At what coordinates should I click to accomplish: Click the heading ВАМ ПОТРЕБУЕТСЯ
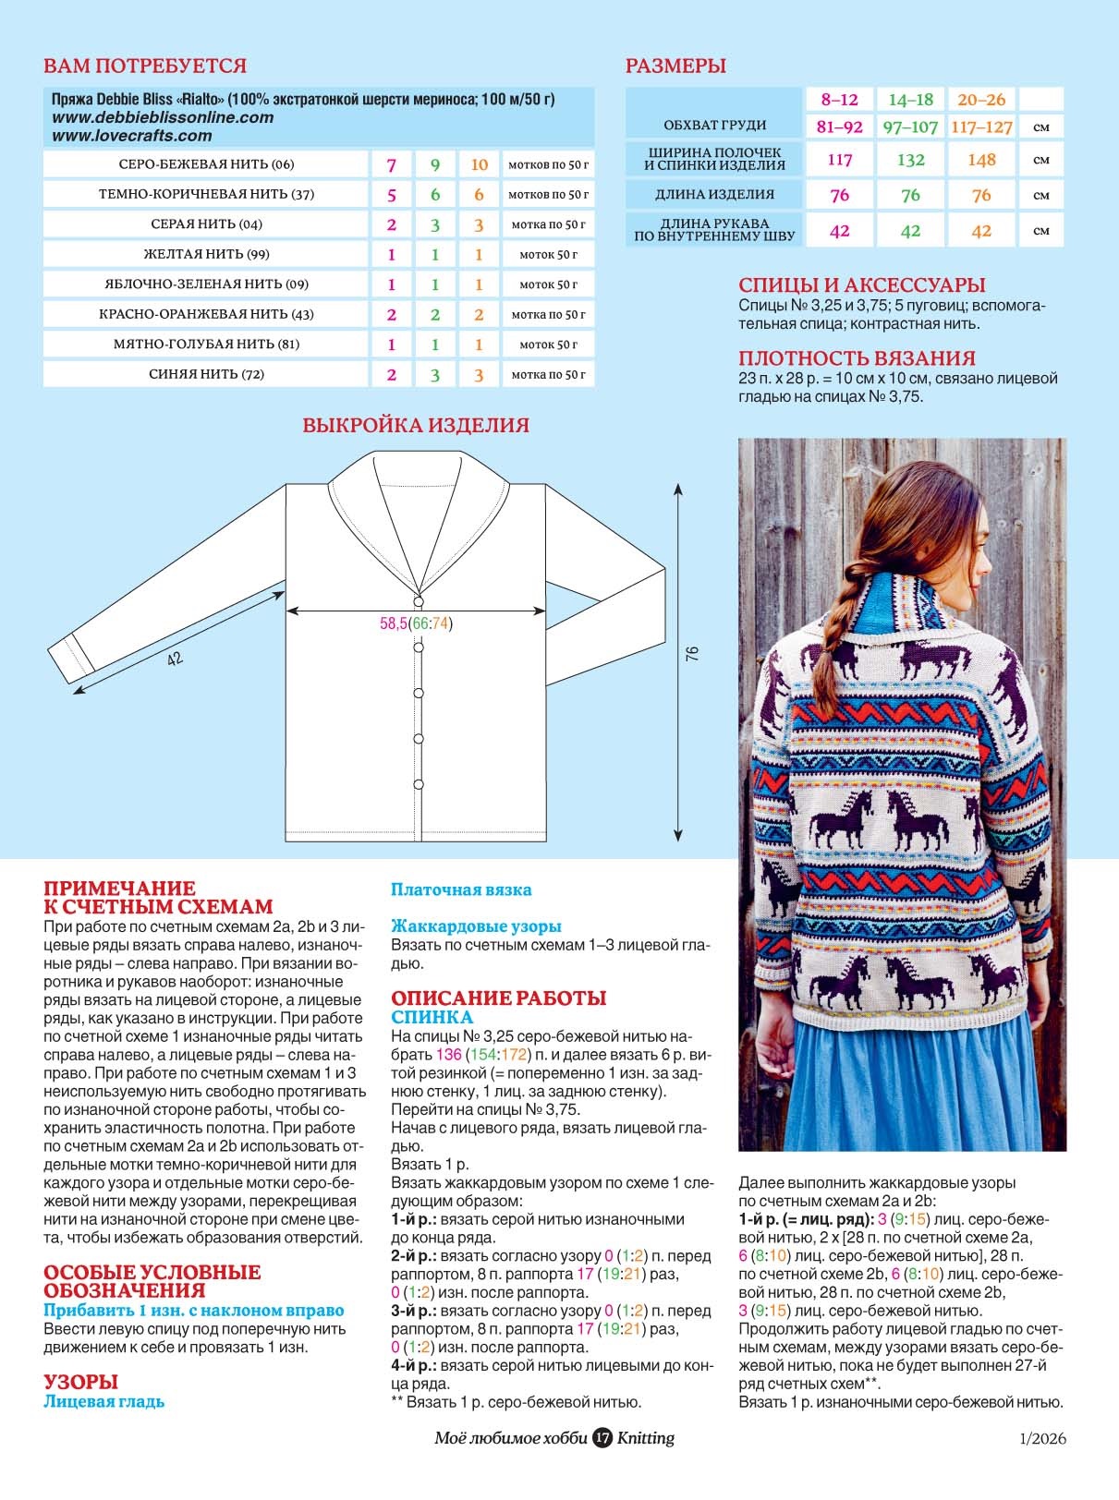pos(145,67)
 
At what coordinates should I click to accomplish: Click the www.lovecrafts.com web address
pos(131,136)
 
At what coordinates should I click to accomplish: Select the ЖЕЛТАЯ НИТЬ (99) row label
pos(206,254)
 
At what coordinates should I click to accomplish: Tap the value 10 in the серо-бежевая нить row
pos(479,164)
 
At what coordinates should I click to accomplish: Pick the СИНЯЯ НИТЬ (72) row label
pos(206,374)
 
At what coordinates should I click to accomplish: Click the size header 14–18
pos(910,100)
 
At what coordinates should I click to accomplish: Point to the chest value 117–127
pos(981,127)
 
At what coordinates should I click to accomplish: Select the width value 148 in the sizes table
pos(981,160)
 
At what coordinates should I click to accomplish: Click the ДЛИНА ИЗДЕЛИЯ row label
pos(714,195)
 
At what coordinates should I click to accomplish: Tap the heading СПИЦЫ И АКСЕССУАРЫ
pos(861,285)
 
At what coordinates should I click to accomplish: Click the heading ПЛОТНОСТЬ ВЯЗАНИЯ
pos(857,358)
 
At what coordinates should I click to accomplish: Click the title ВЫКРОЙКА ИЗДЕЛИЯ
pos(416,426)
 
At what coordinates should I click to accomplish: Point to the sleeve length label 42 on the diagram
pos(174,659)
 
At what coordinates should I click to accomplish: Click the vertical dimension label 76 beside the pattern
pos(692,653)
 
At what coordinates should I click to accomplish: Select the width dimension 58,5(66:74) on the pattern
pos(416,623)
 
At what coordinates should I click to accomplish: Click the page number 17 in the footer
pos(602,1438)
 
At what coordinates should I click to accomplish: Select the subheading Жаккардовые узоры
pos(475,925)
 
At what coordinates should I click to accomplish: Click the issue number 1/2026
pos(1042,1438)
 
